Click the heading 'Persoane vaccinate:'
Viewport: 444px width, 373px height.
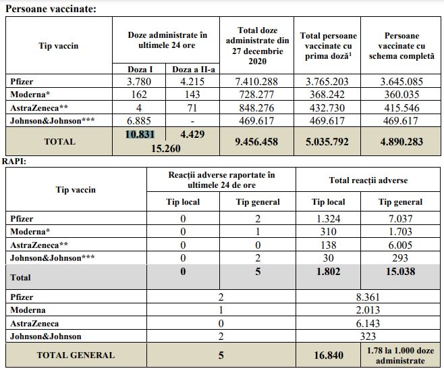(x=50, y=9)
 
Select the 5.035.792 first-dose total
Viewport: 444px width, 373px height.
(x=329, y=142)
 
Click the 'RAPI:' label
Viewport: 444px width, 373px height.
(x=14, y=162)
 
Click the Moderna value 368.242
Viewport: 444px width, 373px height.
(x=329, y=95)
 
